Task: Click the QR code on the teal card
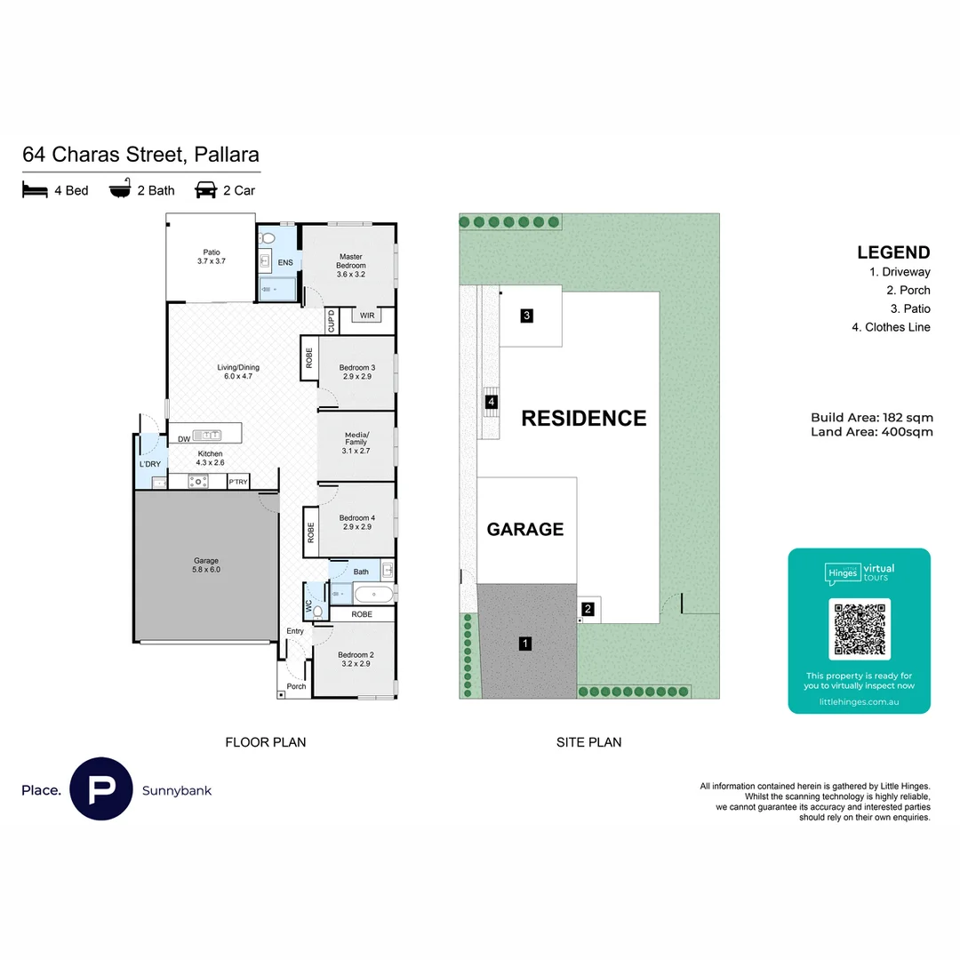pos(859,629)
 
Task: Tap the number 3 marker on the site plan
pos(526,316)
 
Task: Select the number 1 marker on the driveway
pos(525,644)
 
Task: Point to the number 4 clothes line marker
pos(491,402)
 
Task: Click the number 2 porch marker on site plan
pos(588,609)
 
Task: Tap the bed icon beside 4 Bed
pos(35,190)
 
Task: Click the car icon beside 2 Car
pos(205,190)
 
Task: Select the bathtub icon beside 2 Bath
pos(120,190)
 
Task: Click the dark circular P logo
pos(100,788)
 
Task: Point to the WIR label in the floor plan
pos(367,316)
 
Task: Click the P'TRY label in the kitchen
pos(238,482)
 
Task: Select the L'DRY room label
pos(148,464)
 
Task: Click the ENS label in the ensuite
pos(285,263)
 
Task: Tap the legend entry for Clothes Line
pos(891,327)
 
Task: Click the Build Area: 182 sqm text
pos(871,418)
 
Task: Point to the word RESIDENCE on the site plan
pos(583,418)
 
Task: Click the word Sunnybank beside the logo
pos(177,790)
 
